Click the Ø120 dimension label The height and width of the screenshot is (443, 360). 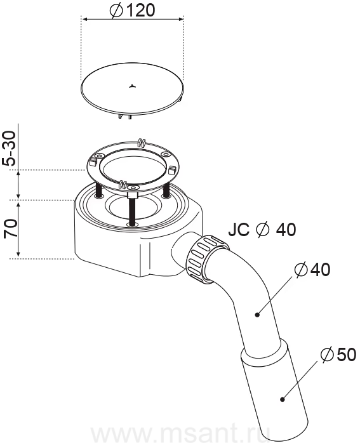pos(132,11)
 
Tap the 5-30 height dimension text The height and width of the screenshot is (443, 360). pos(11,148)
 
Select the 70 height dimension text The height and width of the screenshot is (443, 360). pos(11,229)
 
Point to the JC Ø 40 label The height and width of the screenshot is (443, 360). pos(262,229)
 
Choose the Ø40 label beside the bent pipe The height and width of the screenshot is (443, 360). pos(312,270)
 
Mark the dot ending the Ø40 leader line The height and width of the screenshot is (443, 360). pos(257,314)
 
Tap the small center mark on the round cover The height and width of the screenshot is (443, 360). pos(131,86)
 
